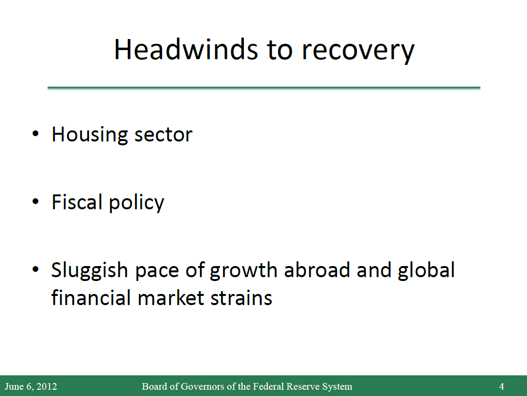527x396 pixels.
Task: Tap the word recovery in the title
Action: click(x=358, y=52)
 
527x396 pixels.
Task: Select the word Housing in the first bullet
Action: click(x=90, y=135)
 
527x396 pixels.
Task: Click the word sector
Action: click(x=163, y=135)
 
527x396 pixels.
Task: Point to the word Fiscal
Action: click(x=77, y=202)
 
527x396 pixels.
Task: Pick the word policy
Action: click(x=137, y=203)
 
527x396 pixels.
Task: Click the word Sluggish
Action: click(x=89, y=271)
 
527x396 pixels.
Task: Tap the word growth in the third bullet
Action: click(x=243, y=271)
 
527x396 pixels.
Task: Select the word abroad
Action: click(x=317, y=270)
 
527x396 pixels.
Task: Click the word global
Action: click(x=426, y=271)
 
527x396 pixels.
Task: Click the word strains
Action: click(x=241, y=298)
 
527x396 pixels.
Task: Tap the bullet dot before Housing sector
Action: click(x=35, y=134)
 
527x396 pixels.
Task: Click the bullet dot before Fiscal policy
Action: click(x=35, y=202)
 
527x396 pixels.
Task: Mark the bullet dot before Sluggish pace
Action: click(x=35, y=269)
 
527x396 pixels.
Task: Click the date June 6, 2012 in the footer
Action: click(x=31, y=386)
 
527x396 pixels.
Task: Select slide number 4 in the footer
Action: click(x=502, y=386)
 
